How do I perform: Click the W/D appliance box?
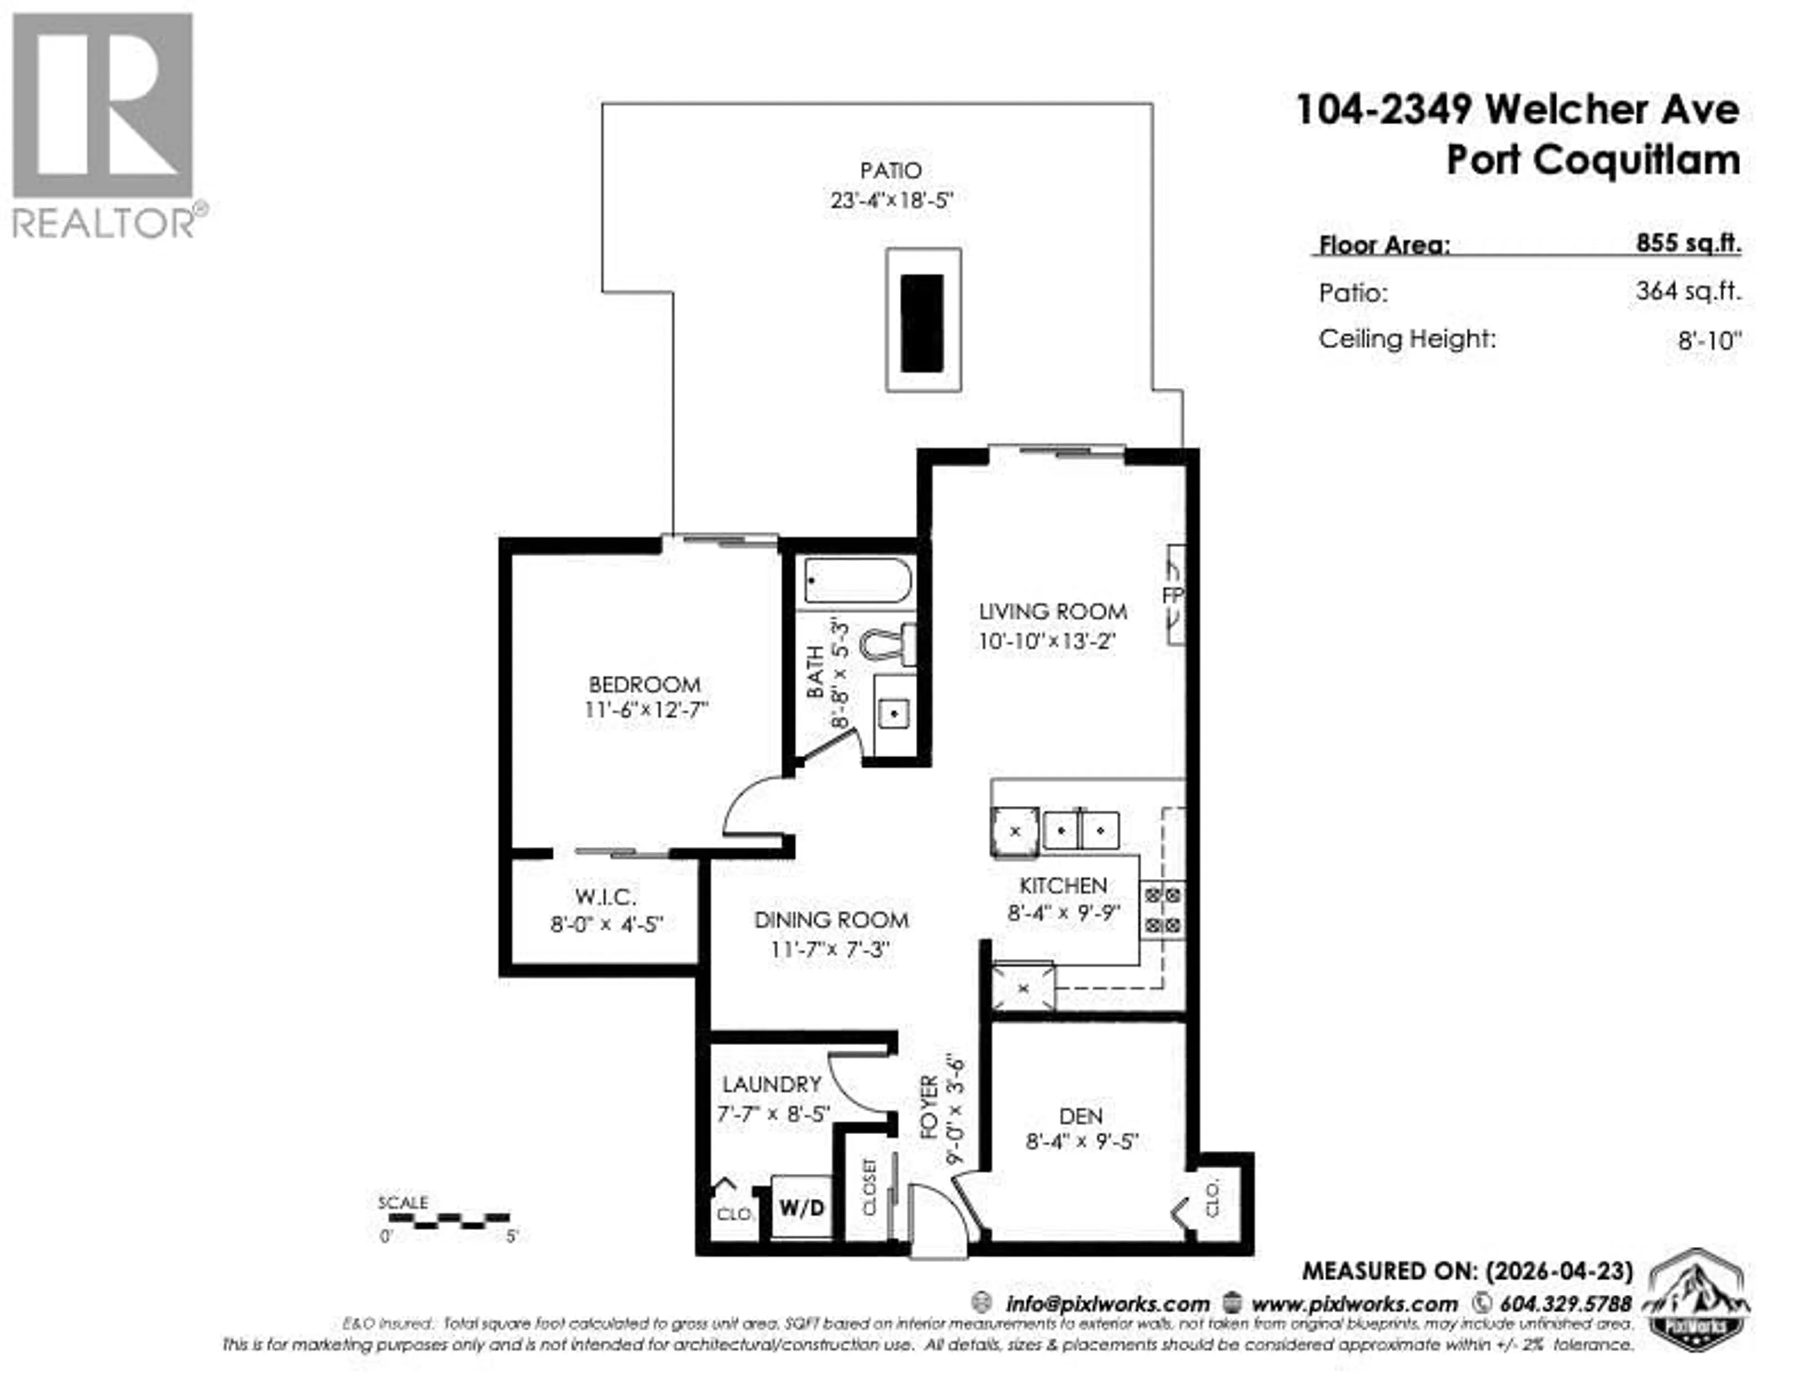coord(801,1207)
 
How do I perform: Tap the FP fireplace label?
coord(1173,595)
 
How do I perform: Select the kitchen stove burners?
coord(1163,909)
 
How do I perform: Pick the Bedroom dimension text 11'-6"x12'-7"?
coord(646,711)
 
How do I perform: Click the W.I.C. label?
coord(606,897)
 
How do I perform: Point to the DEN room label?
coord(1081,1115)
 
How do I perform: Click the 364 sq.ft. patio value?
coord(1688,292)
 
